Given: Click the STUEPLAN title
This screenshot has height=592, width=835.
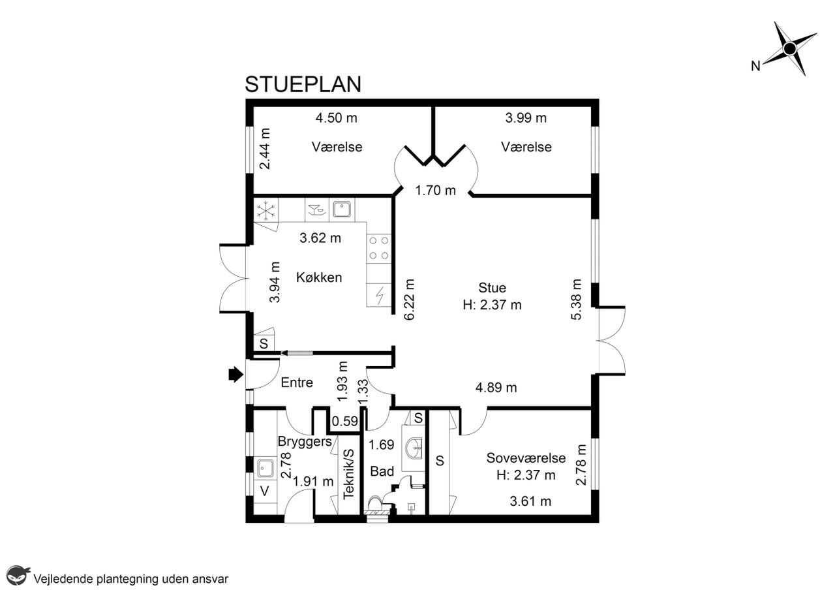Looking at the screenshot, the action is point(303,84).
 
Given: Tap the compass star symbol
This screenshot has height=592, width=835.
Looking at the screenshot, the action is point(789,48).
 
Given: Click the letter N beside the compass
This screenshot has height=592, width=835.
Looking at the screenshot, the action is point(755,66).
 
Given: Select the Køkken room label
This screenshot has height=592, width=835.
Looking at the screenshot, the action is point(319,277).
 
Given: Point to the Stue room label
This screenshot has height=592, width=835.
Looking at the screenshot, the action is point(492,288).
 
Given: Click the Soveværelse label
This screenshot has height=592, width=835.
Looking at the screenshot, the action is point(526,458).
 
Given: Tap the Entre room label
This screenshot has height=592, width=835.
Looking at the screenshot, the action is point(297,382).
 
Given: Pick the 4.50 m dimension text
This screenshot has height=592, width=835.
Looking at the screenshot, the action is point(336,118).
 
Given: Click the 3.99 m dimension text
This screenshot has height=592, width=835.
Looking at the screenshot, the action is point(526,118).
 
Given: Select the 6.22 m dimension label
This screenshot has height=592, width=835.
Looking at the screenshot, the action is point(409,300).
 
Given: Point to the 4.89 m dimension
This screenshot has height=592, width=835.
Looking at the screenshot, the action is point(496,388).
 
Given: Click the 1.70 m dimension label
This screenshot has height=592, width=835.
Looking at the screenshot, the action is point(435,191).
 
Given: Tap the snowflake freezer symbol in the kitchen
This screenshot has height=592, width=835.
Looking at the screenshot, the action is point(266,210).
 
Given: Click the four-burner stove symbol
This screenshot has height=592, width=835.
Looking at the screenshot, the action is point(379,248).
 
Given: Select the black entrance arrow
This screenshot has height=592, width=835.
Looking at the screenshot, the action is point(235,374).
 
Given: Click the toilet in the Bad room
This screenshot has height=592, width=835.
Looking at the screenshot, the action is point(375,503).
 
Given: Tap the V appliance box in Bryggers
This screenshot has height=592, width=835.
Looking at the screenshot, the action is point(265,491).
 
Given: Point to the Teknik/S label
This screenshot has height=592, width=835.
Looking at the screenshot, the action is point(348,474).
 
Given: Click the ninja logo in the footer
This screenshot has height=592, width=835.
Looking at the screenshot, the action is point(18,575).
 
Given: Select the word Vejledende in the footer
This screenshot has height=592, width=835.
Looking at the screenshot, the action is point(63,579).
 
